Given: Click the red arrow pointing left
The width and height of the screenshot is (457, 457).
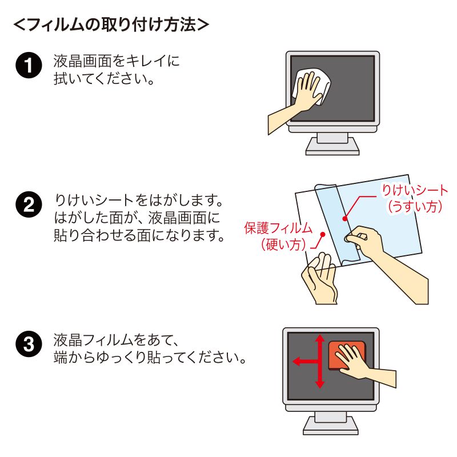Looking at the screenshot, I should pyautogui.click(x=298, y=361).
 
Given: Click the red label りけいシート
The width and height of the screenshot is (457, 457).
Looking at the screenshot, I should pyautogui.click(x=415, y=191).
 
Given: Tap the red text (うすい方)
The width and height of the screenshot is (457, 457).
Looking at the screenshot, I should pyautogui.click(x=415, y=207).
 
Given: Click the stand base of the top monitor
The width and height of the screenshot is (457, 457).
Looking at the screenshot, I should pyautogui.click(x=332, y=149).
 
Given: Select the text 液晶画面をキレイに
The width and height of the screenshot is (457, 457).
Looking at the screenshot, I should pyautogui.click(x=117, y=60).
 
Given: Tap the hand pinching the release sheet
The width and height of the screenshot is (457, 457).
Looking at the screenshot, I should pyautogui.click(x=371, y=243).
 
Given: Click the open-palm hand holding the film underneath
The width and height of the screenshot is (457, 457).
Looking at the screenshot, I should pyautogui.click(x=322, y=280).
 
